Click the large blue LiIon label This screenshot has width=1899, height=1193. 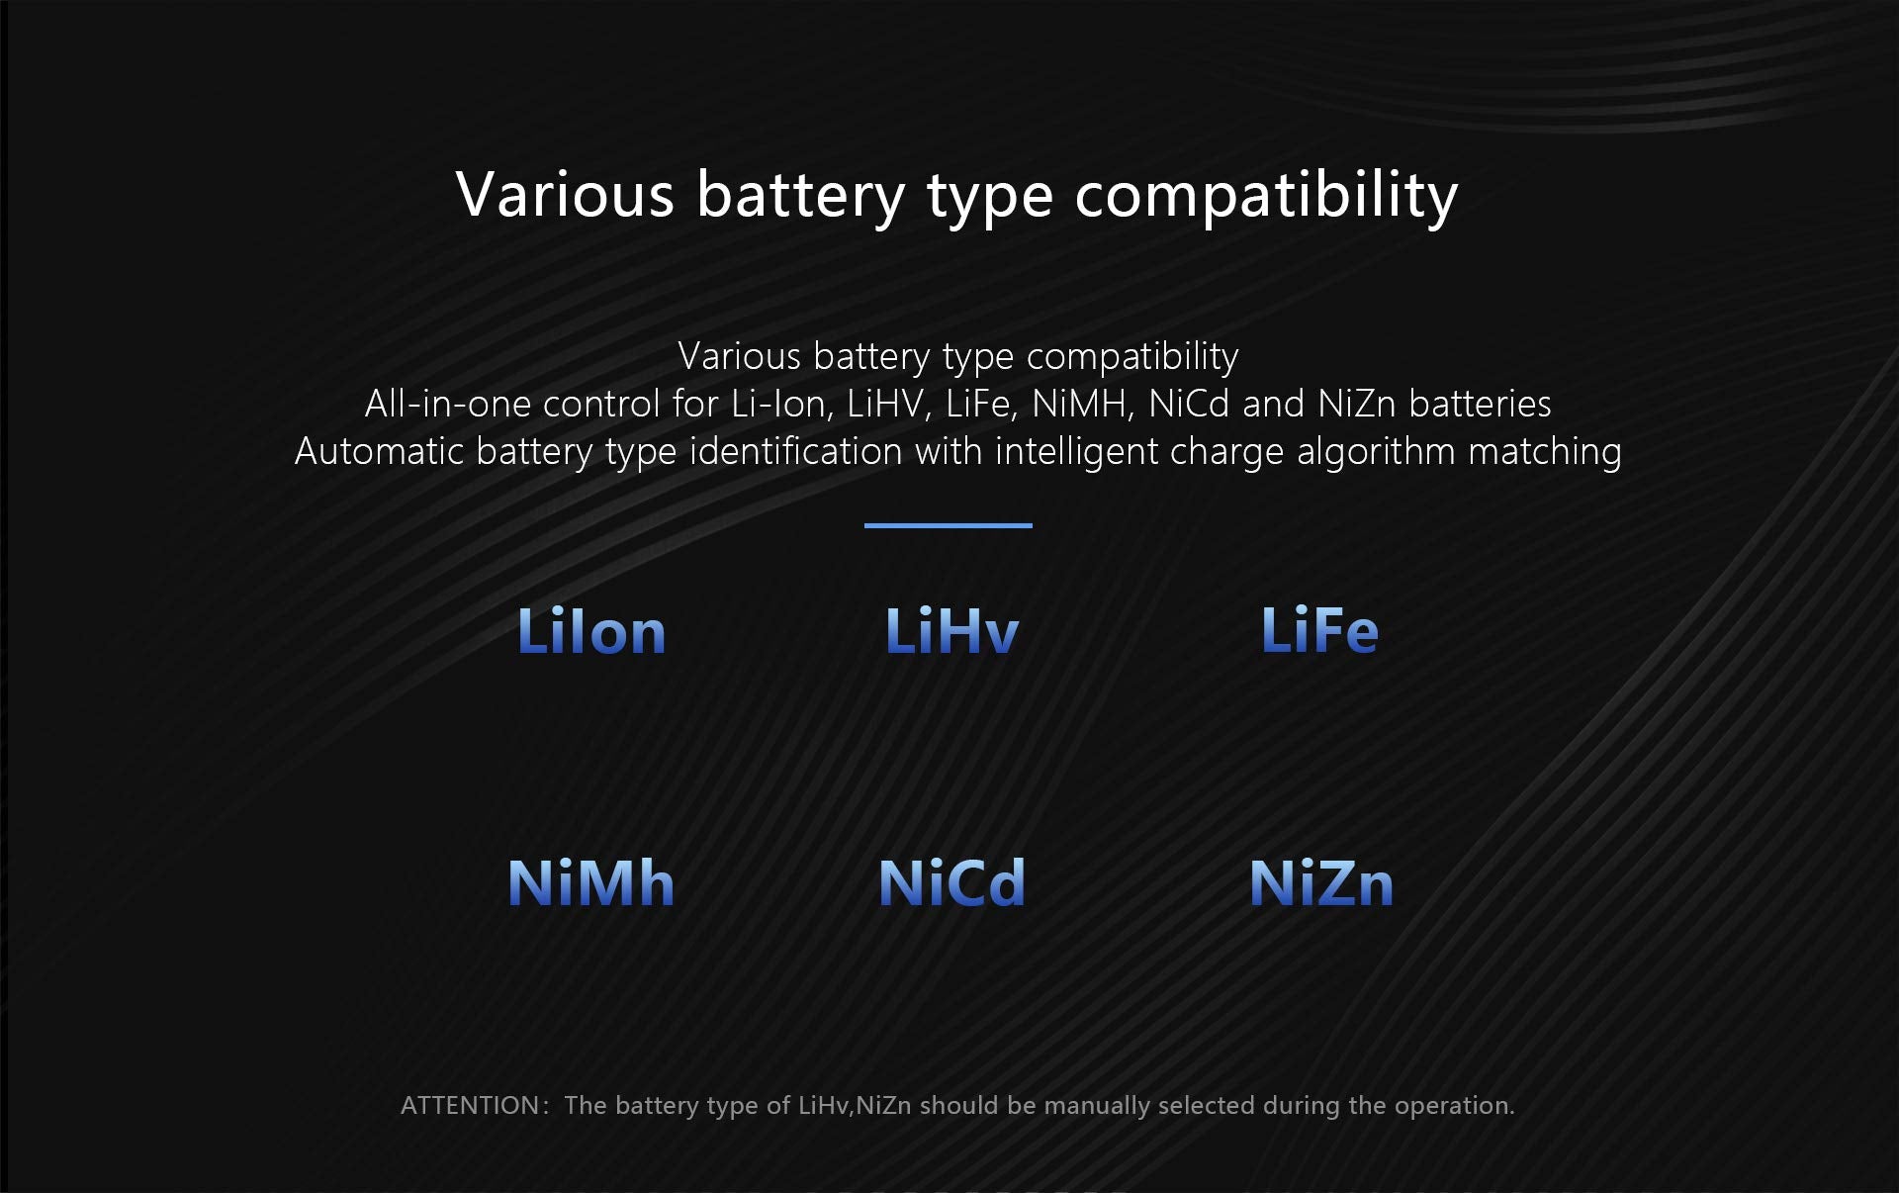point(591,630)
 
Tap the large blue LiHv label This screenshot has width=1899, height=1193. point(951,630)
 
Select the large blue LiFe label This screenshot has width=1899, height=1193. point(1319,630)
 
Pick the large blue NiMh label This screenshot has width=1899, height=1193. point(590,882)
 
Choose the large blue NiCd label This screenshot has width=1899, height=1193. point(951,882)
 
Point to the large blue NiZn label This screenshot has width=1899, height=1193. point(1321,882)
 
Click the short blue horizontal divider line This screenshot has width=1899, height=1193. point(949,525)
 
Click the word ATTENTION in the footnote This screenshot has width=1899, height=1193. point(470,1105)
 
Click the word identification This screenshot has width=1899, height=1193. point(795,451)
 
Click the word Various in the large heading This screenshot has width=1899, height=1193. point(565,194)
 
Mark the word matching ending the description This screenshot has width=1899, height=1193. point(1545,452)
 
